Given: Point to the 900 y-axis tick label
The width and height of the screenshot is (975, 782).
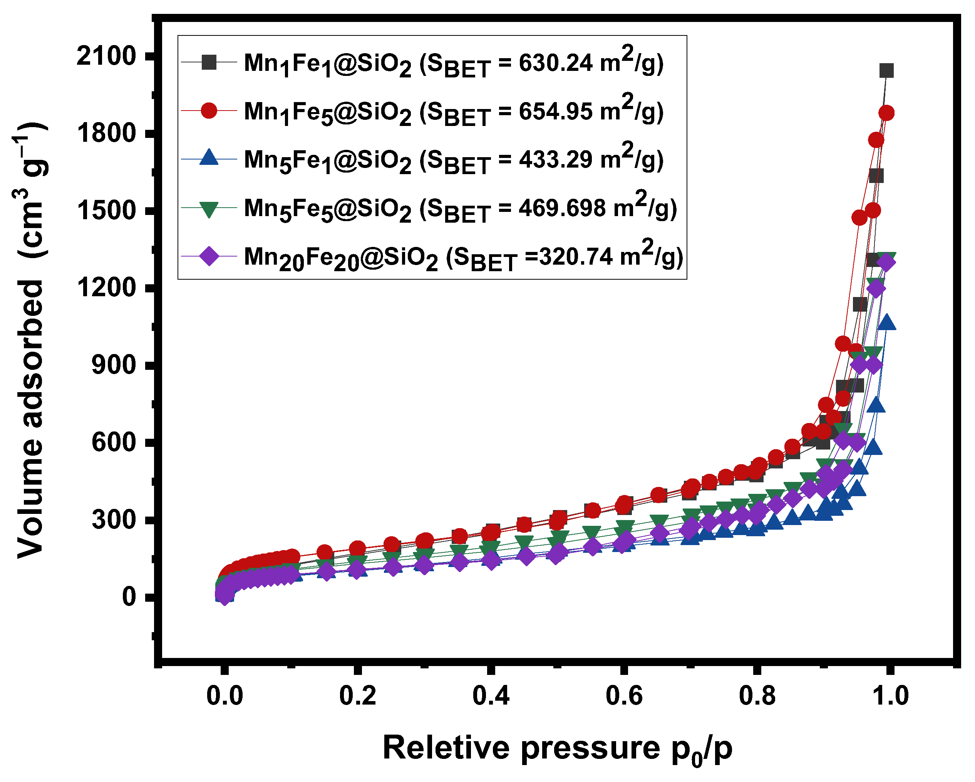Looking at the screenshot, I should click(114, 366).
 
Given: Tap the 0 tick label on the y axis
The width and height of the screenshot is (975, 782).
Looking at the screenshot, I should click(129, 597).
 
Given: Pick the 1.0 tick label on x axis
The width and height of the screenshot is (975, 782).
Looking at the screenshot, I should click(890, 696).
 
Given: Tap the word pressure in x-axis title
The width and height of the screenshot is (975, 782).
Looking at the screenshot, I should click(590, 748).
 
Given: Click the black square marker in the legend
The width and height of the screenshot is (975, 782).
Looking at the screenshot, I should click(209, 62).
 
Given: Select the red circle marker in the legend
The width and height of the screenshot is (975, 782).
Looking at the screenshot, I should click(209, 110).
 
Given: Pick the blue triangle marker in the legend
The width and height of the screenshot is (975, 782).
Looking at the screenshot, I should click(209, 158).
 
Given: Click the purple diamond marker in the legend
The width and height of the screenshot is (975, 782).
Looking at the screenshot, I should click(209, 257).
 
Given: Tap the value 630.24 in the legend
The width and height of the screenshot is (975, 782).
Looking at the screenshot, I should click(555, 63).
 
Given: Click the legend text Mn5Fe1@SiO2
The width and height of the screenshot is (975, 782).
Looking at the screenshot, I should click(327, 160).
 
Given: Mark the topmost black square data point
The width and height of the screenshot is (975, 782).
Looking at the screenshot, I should click(886, 70).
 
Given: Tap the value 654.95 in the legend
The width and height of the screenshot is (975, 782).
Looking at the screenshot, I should click(555, 111).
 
